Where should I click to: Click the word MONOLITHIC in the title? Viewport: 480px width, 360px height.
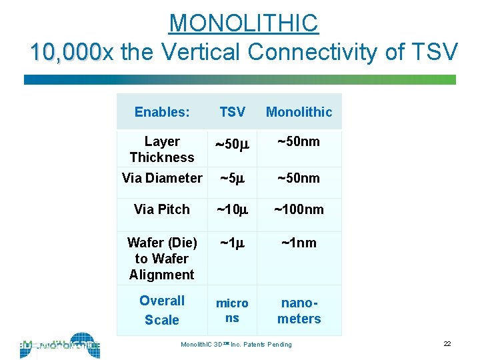tap(244, 23)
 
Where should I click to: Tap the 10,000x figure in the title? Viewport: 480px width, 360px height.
tap(65, 51)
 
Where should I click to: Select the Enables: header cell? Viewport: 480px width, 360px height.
tap(162, 112)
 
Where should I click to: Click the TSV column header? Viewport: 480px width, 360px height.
tap(232, 112)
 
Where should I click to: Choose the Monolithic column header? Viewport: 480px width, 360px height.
tap(299, 112)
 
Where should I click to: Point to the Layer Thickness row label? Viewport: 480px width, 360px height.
tap(162, 149)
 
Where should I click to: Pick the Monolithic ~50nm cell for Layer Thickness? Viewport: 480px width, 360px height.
tap(299, 141)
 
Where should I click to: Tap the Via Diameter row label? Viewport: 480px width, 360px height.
tap(162, 178)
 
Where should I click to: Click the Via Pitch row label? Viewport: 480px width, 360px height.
tap(162, 209)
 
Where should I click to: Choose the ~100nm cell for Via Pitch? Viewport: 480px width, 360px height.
tap(299, 209)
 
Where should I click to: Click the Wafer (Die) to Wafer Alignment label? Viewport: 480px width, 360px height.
tap(162, 259)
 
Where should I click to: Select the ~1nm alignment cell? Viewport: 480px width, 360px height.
tap(299, 243)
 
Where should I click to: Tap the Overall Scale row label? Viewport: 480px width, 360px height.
tap(162, 310)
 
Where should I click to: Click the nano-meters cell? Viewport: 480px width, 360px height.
tap(299, 311)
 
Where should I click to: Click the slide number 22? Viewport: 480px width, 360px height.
tap(447, 343)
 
